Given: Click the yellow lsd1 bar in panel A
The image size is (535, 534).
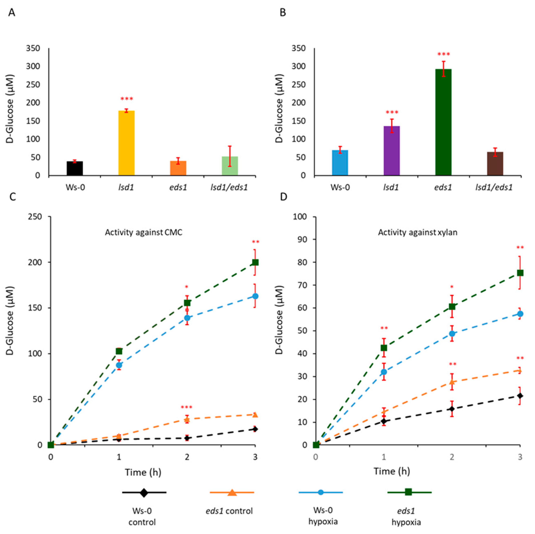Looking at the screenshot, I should (x=127, y=143).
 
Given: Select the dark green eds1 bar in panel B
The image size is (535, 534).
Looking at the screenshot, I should (x=443, y=122).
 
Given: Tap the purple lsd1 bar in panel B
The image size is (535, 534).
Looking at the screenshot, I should (x=392, y=151).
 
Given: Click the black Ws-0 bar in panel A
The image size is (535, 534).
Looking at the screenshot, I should (x=75, y=168).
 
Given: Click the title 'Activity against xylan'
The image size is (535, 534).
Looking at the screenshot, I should (x=418, y=232).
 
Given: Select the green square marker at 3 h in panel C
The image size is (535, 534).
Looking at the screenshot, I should (x=255, y=262).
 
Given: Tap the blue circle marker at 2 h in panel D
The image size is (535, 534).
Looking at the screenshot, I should (x=452, y=334).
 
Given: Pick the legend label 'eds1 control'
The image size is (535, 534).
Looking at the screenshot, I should (x=229, y=511).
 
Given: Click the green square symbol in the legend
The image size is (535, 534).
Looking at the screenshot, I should (x=408, y=492).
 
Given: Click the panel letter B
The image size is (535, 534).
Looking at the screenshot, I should (x=283, y=13).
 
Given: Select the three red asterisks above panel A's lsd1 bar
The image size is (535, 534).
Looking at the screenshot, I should (x=127, y=99).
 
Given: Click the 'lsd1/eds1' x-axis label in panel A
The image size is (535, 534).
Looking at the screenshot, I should (x=229, y=188).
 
